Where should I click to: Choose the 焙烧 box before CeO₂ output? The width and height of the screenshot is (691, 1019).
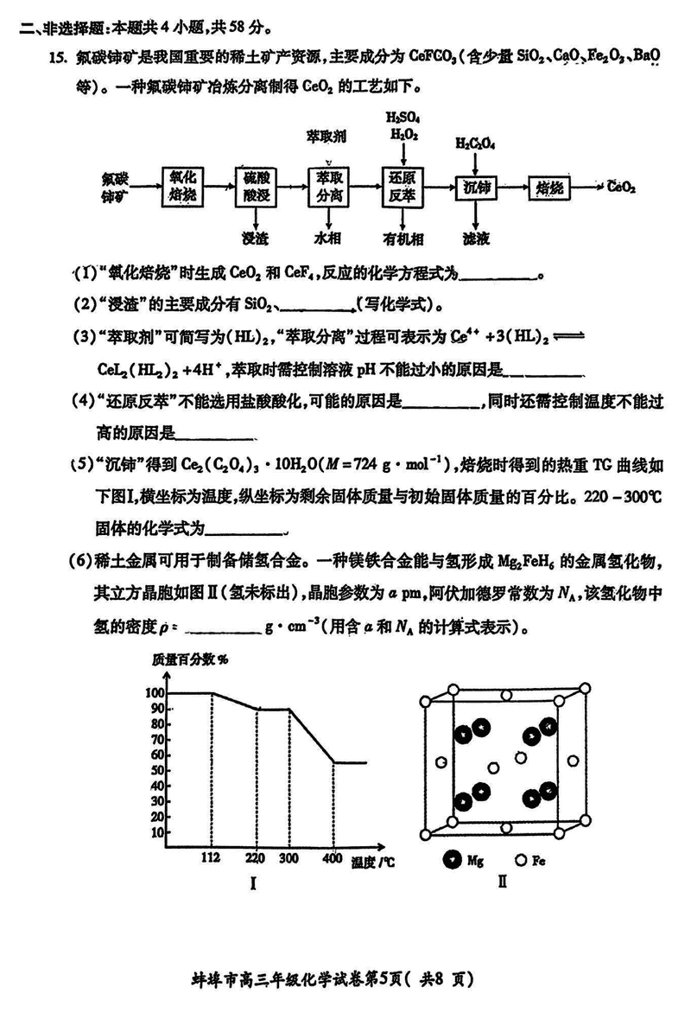coord(549,187)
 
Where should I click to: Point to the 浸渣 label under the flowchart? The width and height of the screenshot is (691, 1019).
coord(257,236)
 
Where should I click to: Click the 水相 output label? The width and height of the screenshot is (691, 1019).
coord(329,236)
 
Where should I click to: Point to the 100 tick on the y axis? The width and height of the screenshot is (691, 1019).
coord(155,693)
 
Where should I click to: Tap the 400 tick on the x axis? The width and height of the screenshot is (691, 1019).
coord(333,858)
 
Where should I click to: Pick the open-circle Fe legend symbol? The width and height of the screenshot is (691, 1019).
coord(521,860)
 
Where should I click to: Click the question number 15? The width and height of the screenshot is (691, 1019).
coord(59,58)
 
